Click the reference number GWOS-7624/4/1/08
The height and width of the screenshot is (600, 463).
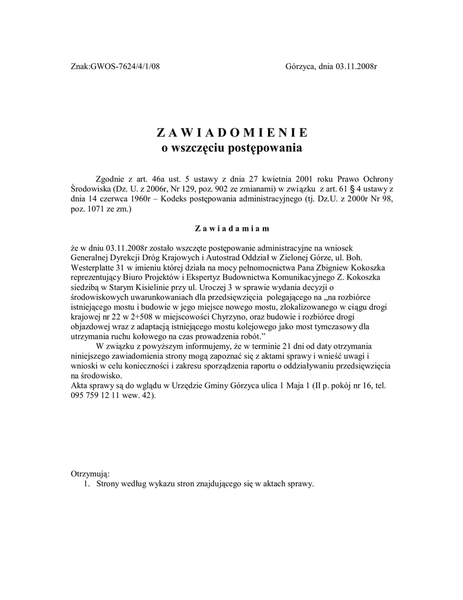click(125, 67)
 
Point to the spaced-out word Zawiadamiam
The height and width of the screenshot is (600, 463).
click(232, 229)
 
